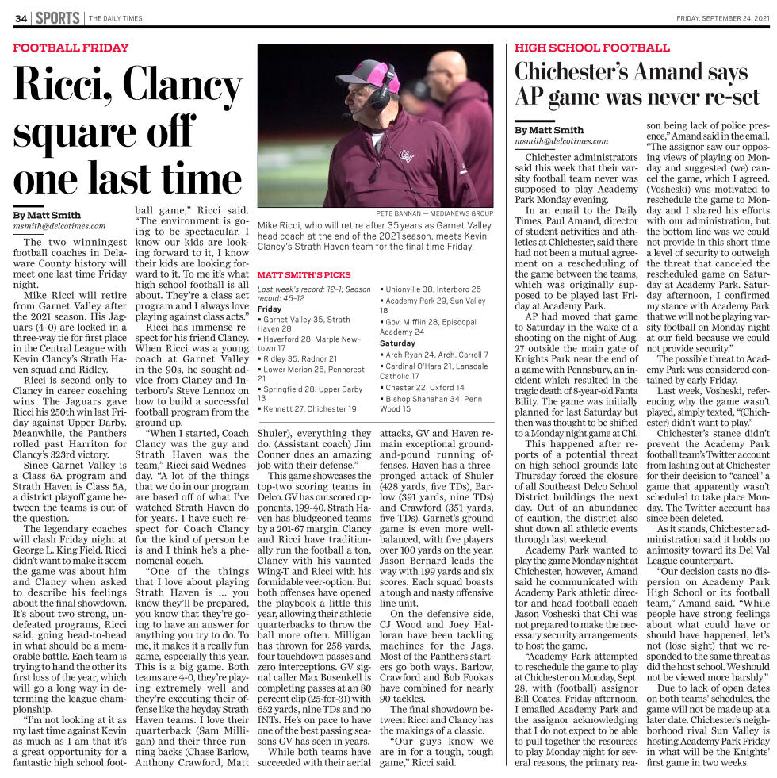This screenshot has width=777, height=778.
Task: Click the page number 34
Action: coord(21,17)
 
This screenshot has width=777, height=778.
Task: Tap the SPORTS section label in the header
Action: coord(57,17)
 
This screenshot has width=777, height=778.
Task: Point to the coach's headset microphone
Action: coord(349,114)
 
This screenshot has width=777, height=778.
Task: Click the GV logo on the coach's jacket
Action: coord(407,155)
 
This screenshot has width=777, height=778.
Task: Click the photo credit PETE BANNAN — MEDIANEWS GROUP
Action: coord(434,213)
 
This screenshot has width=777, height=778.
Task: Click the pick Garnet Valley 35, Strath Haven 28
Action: coord(305,324)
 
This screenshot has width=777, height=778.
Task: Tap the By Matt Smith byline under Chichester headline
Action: coord(549,130)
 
